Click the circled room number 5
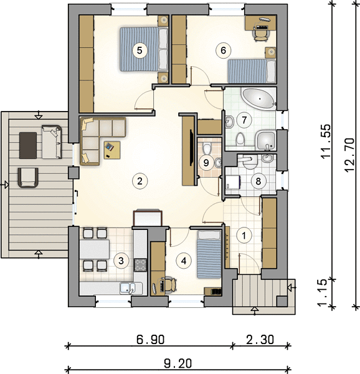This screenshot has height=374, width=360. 140,50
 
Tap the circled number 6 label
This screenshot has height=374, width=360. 223,50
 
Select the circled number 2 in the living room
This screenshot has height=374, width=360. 140,181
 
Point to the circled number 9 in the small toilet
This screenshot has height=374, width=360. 206,163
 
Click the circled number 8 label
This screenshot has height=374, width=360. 258,181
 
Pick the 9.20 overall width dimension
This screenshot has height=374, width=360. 178,364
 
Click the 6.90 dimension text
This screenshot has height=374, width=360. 150,340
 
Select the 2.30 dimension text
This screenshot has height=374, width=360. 260,340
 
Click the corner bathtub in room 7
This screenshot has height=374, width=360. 258,98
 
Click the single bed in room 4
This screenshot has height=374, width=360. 209,254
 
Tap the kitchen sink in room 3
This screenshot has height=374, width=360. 128,288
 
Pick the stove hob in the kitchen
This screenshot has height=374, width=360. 140,265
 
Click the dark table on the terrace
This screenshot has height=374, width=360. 28,145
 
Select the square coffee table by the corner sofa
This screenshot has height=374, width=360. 112,150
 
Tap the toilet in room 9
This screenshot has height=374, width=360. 207,148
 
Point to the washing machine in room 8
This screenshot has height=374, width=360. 232,181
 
